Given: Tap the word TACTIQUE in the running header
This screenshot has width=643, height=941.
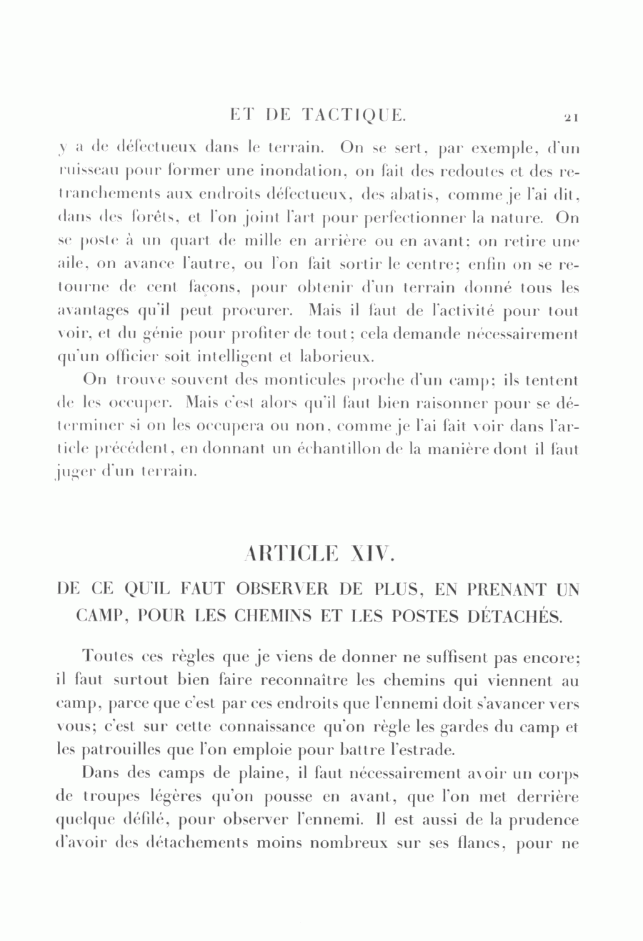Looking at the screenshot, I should point(354,114).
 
